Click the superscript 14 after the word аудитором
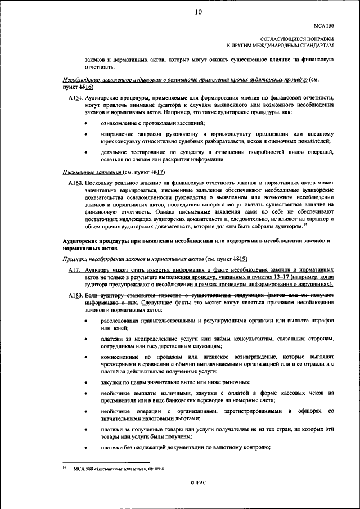tap(305, 224)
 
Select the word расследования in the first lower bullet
tap(123, 321)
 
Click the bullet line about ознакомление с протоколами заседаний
tap(152, 123)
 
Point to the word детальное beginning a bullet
tap(116, 152)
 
